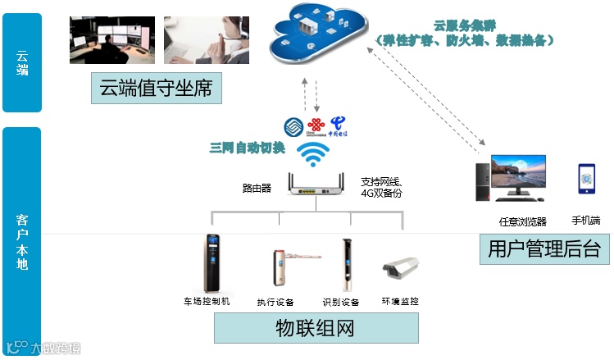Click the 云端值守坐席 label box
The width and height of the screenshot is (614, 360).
(x=156, y=89)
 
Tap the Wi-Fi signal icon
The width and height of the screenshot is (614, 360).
(x=312, y=153)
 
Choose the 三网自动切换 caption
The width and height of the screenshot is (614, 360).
(x=248, y=148)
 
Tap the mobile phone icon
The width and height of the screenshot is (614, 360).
(x=586, y=178)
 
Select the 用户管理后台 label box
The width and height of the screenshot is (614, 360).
(x=544, y=248)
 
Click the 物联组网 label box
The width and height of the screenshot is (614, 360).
(x=316, y=329)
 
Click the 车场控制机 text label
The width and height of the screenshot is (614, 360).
(x=207, y=302)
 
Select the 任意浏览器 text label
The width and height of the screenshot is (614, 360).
(x=522, y=221)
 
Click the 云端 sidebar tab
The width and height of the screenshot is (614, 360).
(x=22, y=62)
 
